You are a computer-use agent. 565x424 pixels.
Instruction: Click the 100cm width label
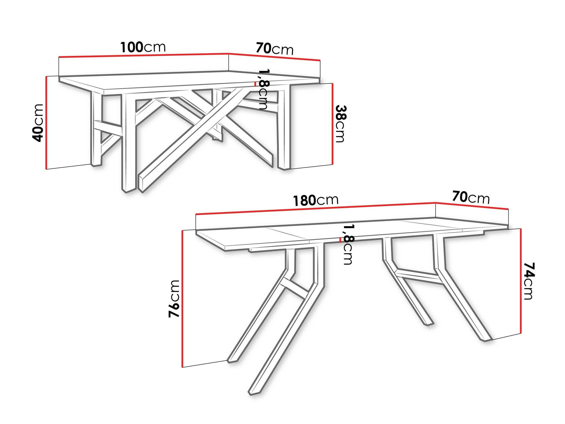point(143,47)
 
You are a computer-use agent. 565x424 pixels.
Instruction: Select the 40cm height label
point(37,123)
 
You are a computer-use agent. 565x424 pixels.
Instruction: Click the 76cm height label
point(174,298)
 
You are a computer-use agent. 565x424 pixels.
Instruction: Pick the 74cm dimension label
point(528,281)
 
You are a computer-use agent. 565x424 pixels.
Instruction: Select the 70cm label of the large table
point(471,198)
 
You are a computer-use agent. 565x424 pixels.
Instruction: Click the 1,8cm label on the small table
point(263,89)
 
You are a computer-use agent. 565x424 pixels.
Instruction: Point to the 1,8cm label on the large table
point(348,244)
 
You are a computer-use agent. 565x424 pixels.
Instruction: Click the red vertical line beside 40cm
point(46,123)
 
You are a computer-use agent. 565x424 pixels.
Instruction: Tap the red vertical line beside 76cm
point(182,298)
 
